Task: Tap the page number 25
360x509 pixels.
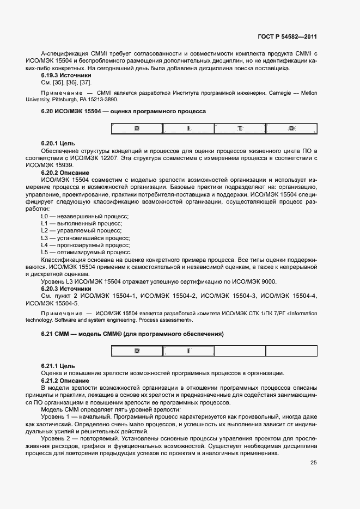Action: click(x=313, y=463)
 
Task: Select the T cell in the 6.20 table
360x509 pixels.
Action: click(x=240, y=128)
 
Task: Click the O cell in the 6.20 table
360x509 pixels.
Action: click(x=291, y=128)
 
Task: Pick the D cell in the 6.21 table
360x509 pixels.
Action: click(x=137, y=351)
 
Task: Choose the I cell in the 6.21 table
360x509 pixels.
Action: click(x=188, y=351)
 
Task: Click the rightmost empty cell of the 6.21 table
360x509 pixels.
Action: click(x=291, y=351)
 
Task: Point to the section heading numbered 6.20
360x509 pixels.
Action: click(x=123, y=111)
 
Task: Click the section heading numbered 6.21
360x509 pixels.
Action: click(x=132, y=333)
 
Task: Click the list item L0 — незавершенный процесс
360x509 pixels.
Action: click(x=81, y=216)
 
